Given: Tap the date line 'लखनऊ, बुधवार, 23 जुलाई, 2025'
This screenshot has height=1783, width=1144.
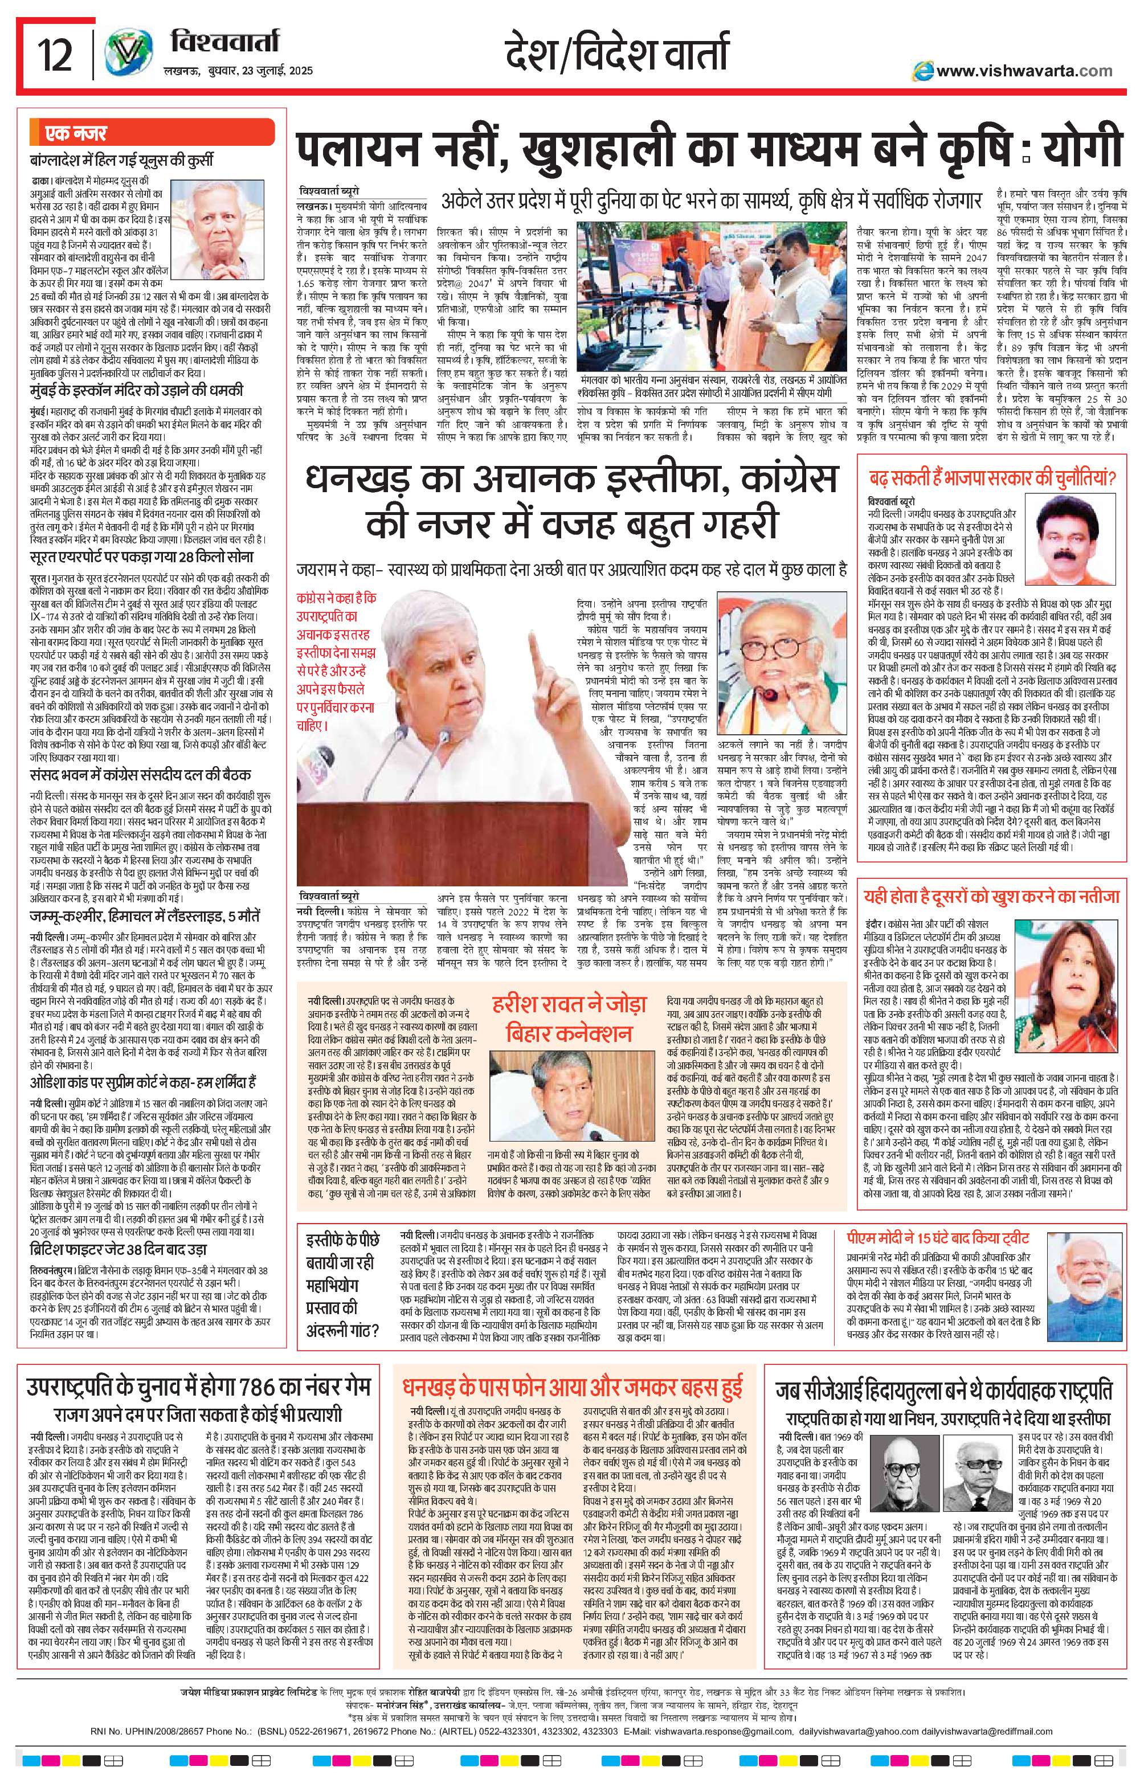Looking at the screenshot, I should [x=238, y=71].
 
